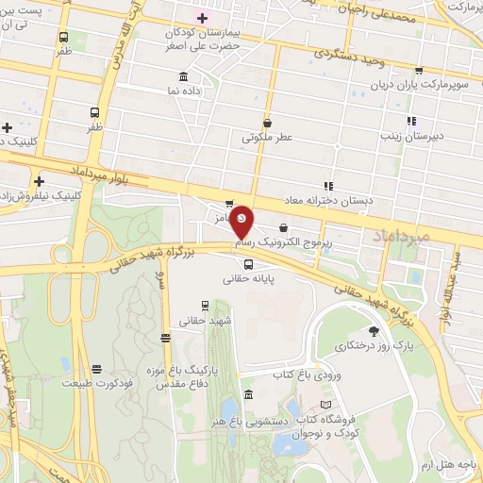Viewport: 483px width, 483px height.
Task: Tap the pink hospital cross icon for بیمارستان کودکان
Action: (x=202, y=18)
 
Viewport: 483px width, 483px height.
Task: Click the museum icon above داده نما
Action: (x=183, y=76)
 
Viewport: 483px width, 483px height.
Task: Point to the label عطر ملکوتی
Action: (x=268, y=137)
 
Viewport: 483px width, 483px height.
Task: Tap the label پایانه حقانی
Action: (x=248, y=278)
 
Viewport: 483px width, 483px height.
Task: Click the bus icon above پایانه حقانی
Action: (x=248, y=264)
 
